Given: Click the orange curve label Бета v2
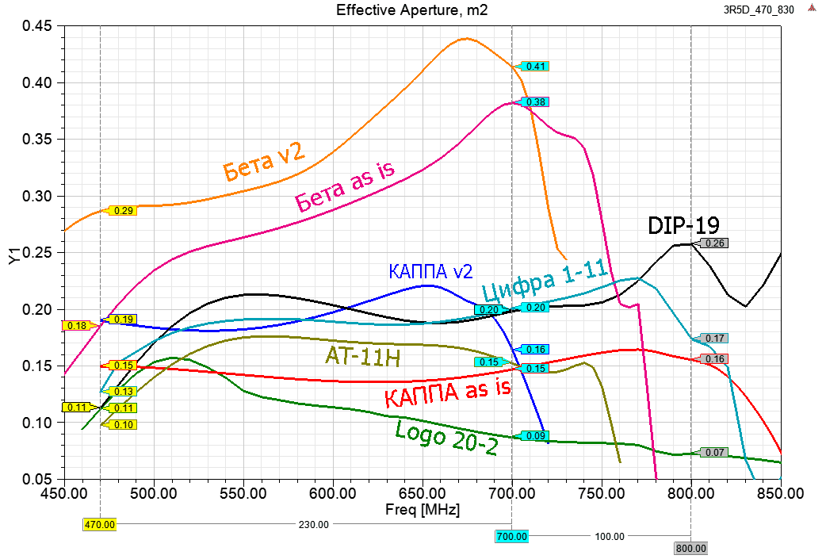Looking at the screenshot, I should click(263, 163).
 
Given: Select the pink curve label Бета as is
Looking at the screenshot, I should click(344, 186).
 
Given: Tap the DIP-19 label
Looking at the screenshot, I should click(683, 225).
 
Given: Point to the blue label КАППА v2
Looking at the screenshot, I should click(426, 270).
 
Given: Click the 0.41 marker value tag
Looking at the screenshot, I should click(536, 67).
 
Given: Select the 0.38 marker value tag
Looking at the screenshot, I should click(536, 102).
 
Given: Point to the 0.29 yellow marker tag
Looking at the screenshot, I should click(124, 211).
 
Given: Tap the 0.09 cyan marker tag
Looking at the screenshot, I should click(536, 436).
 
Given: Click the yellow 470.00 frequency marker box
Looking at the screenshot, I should click(100, 524).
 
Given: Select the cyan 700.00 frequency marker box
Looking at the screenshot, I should click(512, 537).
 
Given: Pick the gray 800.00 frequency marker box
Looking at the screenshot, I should click(690, 548).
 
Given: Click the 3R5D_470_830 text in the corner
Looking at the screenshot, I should click(759, 10).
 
